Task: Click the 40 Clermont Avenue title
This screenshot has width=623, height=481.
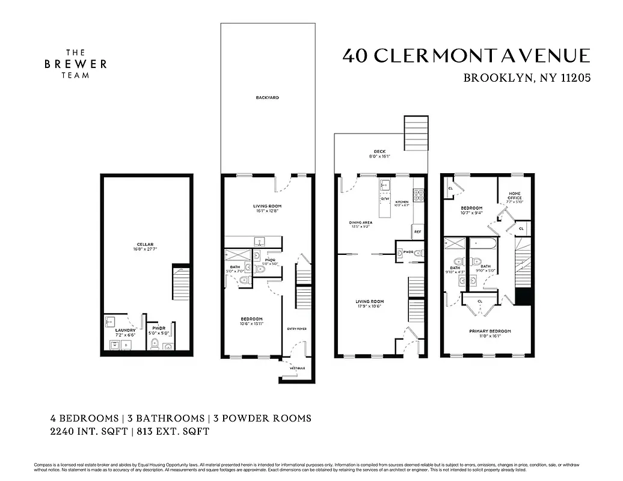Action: coord(467,56)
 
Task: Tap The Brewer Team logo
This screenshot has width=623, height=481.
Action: coord(75,64)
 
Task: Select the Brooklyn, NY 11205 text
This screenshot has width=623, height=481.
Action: coord(527,78)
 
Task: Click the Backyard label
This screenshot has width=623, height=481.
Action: coord(267,97)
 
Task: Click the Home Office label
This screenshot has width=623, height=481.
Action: coord(515,200)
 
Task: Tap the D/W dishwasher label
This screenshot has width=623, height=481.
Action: coord(385,199)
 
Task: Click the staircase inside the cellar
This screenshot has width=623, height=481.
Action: coord(180,284)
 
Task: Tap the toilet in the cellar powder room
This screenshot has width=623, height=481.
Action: coord(154,344)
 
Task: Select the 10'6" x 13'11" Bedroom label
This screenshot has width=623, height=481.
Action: coord(251,322)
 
